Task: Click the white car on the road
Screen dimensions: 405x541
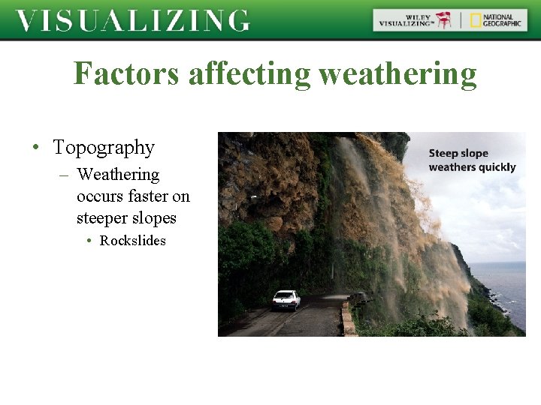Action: click(286, 300)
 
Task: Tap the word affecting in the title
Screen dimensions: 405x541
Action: click(249, 74)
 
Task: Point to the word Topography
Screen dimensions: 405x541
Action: click(104, 147)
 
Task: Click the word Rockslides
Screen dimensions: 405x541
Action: click(133, 241)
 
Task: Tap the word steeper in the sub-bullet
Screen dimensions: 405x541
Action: click(101, 218)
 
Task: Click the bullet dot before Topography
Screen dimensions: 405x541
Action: click(36, 148)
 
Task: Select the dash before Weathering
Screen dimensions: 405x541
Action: click(63, 175)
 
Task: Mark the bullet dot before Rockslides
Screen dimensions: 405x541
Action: click(89, 241)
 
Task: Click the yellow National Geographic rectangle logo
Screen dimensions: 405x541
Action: click(476, 20)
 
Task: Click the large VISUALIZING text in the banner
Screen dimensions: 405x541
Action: click(133, 20)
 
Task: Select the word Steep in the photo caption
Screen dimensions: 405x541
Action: click(442, 154)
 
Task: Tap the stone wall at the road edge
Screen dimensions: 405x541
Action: click(347, 319)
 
